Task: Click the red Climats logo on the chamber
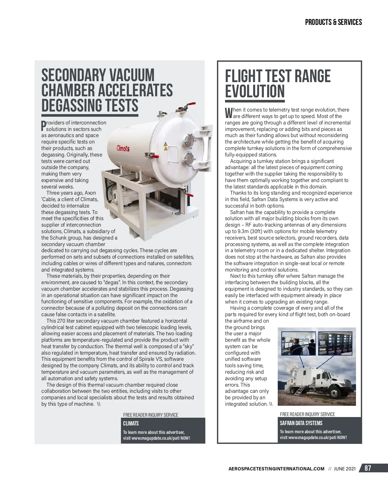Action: pyautogui.click(x=123, y=148)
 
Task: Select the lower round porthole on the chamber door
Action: pyautogui.click(x=189, y=158)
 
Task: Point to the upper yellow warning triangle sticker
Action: pyautogui.click(x=166, y=144)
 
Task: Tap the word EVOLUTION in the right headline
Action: pyautogui.click(x=255, y=91)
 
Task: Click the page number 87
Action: pyautogui.click(x=368, y=468)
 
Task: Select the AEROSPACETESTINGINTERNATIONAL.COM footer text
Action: pyautogui.click(x=276, y=469)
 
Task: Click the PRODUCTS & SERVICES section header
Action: pyautogui.click(x=333, y=22)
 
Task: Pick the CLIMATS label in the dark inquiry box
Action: pyautogui.click(x=131, y=424)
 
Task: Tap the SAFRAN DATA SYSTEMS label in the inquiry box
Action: pyautogui.click(x=301, y=423)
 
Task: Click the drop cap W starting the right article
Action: pyautogui.click(x=229, y=113)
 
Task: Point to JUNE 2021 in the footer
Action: pyautogui.click(x=345, y=469)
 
